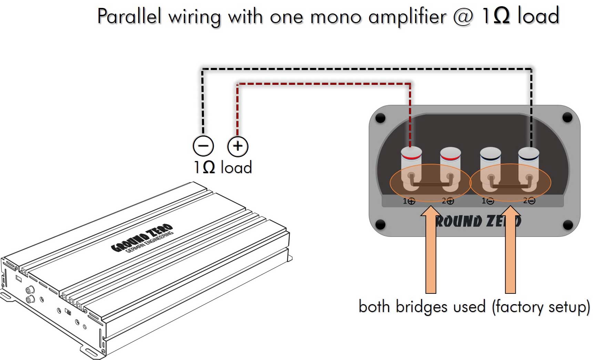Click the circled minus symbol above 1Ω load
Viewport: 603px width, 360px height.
203,146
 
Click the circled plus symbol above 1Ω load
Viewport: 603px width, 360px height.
238,146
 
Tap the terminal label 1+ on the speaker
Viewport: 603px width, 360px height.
409,201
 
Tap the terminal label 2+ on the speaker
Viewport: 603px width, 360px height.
448,201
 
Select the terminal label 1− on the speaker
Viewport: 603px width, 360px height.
488,201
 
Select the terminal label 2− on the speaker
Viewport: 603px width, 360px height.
529,200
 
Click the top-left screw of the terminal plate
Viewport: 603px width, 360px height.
380,118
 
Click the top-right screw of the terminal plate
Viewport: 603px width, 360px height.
567,118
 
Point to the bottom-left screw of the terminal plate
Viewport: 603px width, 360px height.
380,224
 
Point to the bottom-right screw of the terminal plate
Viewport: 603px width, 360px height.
568,225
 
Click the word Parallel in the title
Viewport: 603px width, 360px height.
129,16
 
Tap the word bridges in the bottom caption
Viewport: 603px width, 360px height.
423,306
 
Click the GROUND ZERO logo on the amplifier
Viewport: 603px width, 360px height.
142,238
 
